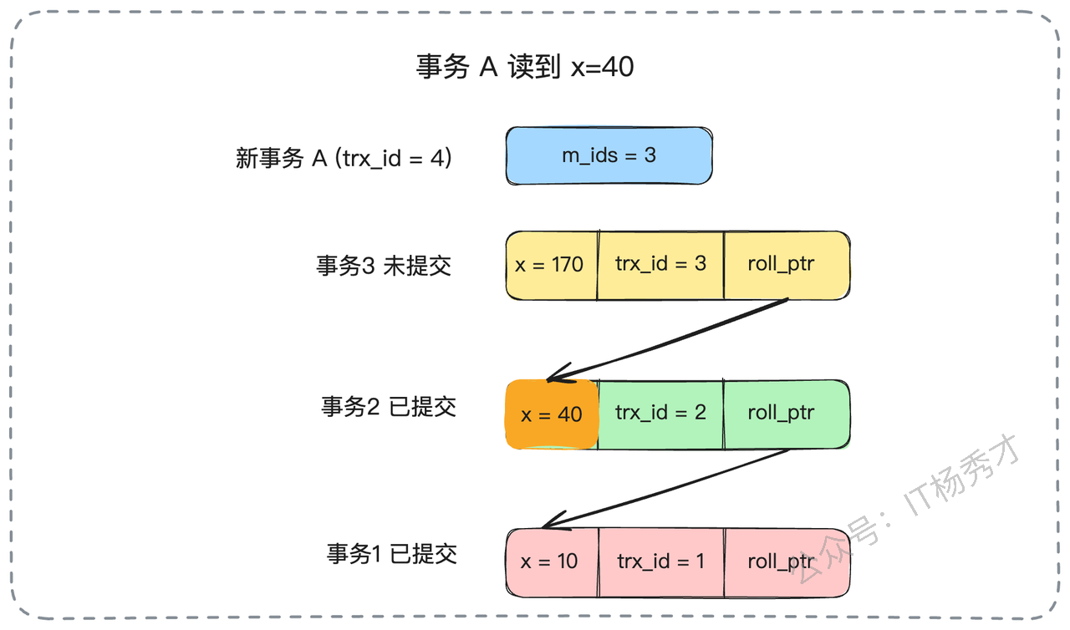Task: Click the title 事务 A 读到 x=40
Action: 525,66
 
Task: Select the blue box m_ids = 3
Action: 609,155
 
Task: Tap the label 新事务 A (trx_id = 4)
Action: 344,158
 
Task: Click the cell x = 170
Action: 552,266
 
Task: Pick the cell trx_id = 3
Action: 660,266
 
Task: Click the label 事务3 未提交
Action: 384,266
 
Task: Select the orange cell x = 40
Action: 552,414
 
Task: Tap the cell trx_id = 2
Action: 660,414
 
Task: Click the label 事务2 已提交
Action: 389,407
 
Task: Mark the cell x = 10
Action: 552,562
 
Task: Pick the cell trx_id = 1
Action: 661,562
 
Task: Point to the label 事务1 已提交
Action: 392,554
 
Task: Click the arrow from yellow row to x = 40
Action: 667,340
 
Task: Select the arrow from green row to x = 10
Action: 666,489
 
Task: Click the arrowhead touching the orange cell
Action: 560,373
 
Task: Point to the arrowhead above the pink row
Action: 556,521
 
